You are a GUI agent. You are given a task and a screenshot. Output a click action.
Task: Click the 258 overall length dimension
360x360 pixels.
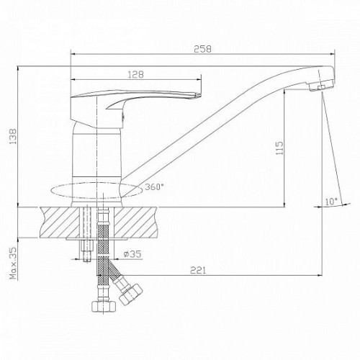[203, 49]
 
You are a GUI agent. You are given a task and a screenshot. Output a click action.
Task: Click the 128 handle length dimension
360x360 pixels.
[135, 74]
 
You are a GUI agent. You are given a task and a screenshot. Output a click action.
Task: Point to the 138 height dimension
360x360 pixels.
[13, 136]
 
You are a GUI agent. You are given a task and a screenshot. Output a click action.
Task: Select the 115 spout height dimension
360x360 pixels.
[279, 148]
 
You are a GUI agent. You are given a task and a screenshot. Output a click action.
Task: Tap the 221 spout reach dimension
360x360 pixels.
[198, 270]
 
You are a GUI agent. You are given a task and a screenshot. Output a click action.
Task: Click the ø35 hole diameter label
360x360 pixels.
[132, 254]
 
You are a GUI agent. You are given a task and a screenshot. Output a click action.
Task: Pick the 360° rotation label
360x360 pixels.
[154, 186]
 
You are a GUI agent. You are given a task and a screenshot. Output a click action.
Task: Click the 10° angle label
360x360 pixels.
[331, 201]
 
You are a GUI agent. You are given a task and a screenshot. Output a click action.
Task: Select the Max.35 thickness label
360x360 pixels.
[14, 263]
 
